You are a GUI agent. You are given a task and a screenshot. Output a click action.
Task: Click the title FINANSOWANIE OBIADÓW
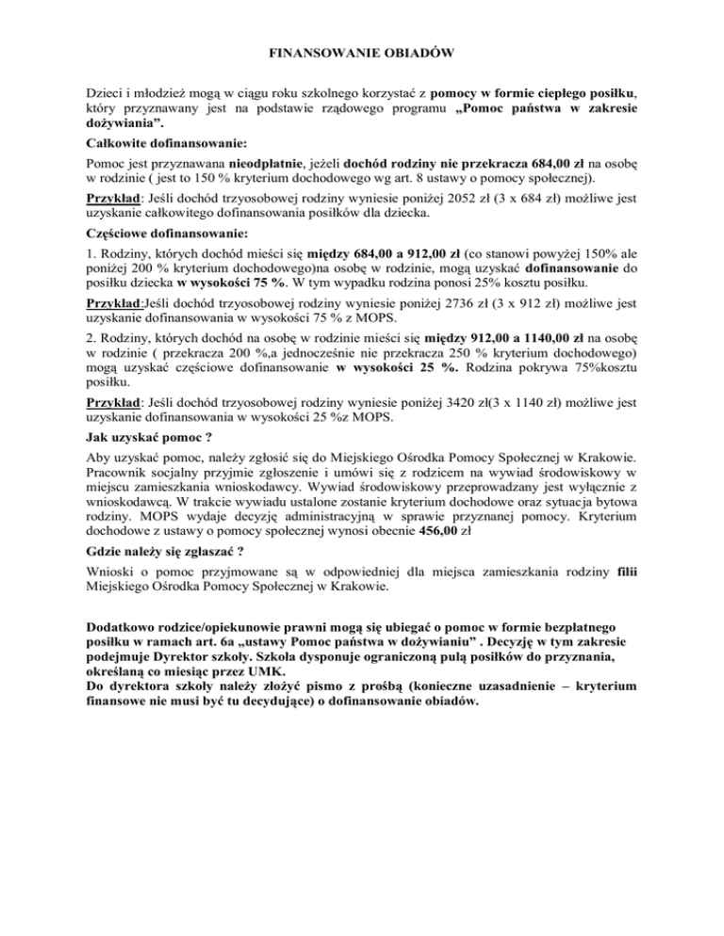[362, 55]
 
